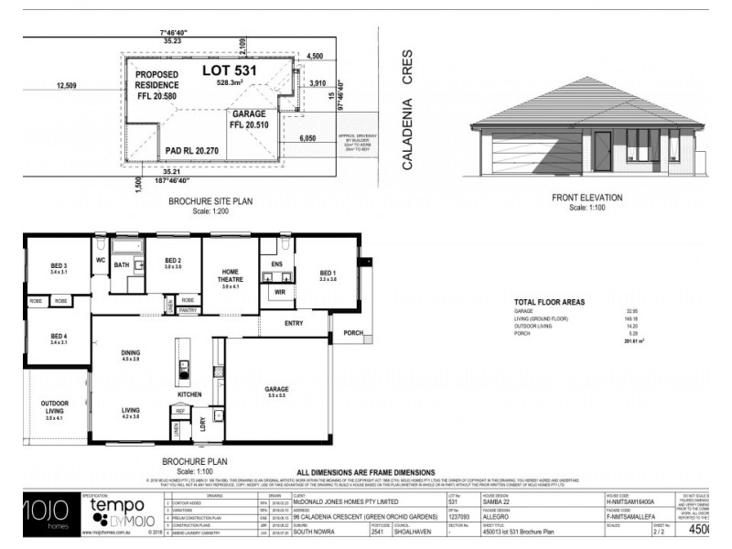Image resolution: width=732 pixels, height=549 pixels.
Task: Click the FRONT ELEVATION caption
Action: (587, 198)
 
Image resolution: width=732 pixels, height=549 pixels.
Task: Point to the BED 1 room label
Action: (328, 274)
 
